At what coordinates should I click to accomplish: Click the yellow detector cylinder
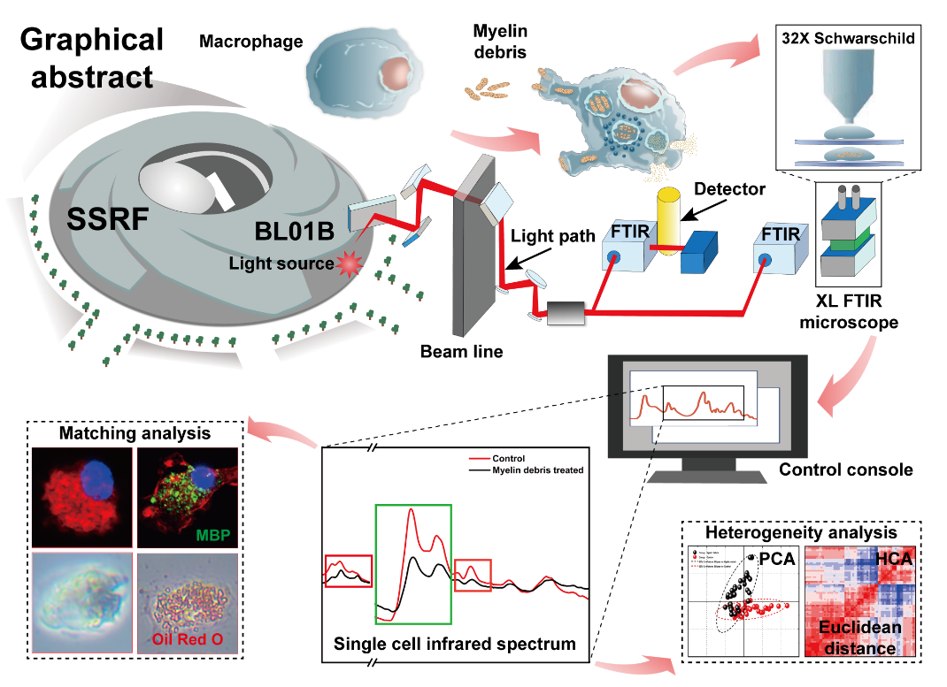click(x=665, y=220)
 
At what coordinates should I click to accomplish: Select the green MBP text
click(x=216, y=535)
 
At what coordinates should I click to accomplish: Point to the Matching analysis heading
click(x=135, y=433)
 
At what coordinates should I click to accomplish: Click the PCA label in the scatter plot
click(x=776, y=559)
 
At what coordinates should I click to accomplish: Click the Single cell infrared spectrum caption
click(x=454, y=644)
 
